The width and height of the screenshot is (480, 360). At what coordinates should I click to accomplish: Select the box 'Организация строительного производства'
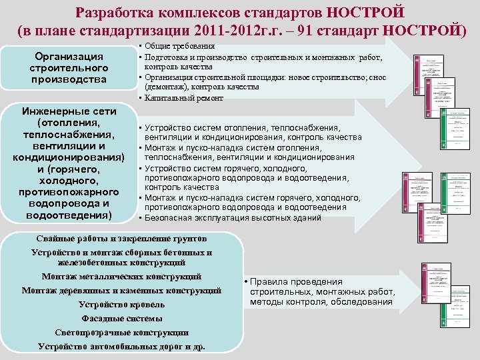(x=69, y=68)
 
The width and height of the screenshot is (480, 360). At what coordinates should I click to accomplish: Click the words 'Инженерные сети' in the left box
(x=69, y=111)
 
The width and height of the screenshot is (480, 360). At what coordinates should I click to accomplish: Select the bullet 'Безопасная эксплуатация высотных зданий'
(x=232, y=218)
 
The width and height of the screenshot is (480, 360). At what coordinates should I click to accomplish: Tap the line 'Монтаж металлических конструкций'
(x=121, y=276)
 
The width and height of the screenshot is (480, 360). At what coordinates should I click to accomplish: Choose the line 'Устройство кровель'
(x=121, y=304)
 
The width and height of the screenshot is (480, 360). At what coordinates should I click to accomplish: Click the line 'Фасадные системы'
(x=121, y=318)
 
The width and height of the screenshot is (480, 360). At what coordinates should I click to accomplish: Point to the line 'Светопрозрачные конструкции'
(x=121, y=332)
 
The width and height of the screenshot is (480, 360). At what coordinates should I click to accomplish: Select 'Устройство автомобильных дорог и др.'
(x=121, y=346)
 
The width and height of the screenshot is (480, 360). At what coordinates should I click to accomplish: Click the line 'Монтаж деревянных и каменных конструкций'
(x=121, y=290)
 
